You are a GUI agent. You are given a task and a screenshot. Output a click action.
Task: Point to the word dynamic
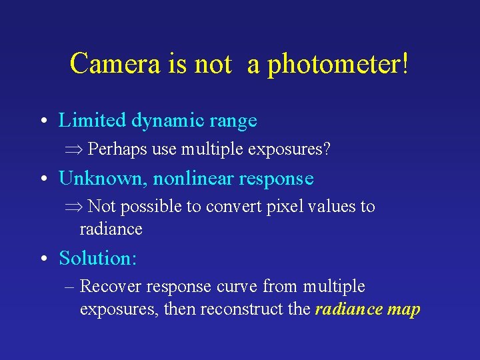(164, 121)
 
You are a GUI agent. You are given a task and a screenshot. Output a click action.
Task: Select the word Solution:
(97, 257)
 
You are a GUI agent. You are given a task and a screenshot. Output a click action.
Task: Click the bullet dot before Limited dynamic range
(42, 121)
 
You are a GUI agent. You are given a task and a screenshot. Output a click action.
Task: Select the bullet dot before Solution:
(42, 258)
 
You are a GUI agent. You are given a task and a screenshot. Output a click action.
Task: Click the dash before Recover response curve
(70, 287)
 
